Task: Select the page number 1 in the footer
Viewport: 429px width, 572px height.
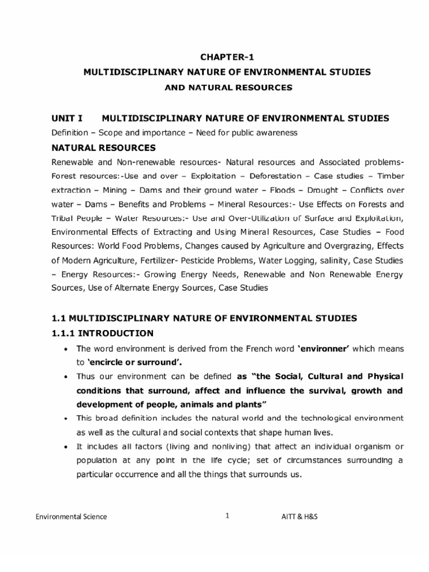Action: pyautogui.click(x=227, y=516)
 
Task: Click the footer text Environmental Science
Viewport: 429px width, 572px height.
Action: pyautogui.click(x=71, y=517)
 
